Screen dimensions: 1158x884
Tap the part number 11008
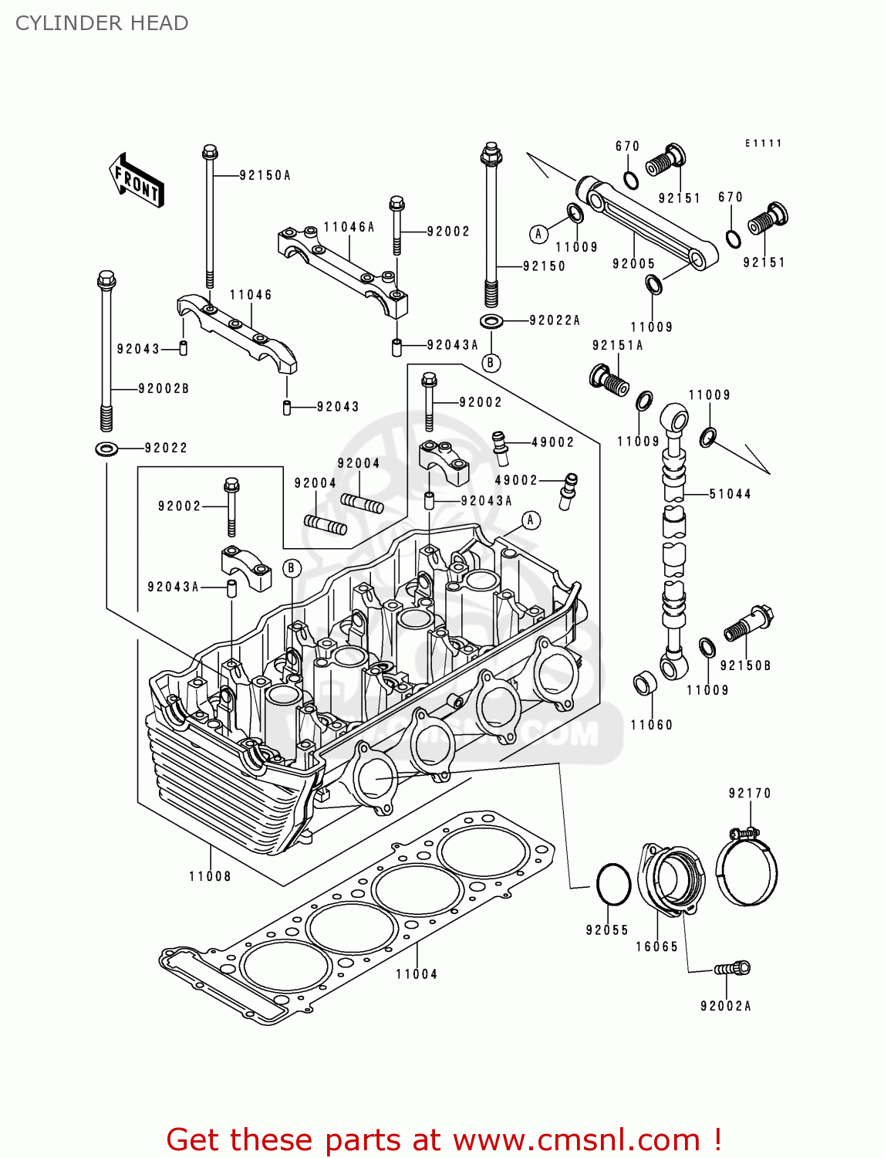click(x=210, y=876)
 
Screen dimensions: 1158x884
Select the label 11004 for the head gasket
click(x=417, y=974)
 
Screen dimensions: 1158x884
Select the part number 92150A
click(x=265, y=176)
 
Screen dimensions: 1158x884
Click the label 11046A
click(x=349, y=227)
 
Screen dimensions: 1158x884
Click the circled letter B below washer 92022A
click(x=491, y=363)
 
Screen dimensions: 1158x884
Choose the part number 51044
click(x=730, y=494)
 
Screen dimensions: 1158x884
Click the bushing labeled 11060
click(x=644, y=684)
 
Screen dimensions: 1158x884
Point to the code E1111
click(x=763, y=144)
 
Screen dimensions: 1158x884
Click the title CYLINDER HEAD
click(x=102, y=23)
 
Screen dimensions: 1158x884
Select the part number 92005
click(x=633, y=264)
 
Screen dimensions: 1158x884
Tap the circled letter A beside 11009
click(x=538, y=234)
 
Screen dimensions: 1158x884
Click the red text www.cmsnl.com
click(x=575, y=1140)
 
